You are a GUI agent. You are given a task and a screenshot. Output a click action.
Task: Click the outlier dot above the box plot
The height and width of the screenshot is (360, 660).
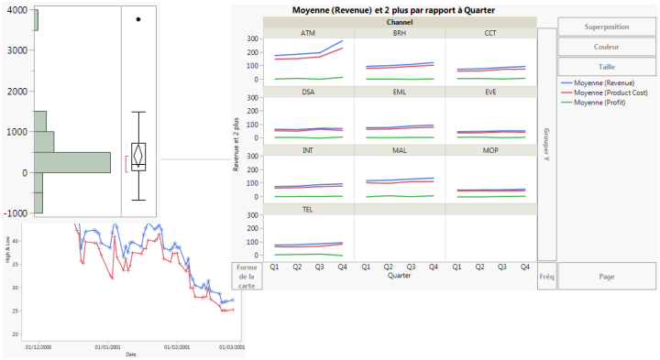(x=138, y=18)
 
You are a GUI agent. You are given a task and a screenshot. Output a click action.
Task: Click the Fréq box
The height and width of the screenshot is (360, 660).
(x=546, y=276)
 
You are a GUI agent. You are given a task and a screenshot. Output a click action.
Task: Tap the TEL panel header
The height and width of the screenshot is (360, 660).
(x=308, y=209)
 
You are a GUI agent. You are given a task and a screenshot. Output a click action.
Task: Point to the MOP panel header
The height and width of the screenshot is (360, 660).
(x=490, y=150)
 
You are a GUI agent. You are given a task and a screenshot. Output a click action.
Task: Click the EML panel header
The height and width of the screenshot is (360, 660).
(x=400, y=92)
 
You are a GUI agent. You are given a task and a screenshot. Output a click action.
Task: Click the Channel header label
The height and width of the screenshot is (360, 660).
(x=399, y=22)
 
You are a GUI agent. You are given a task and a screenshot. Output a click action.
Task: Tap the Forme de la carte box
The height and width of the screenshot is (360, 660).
(x=247, y=276)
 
